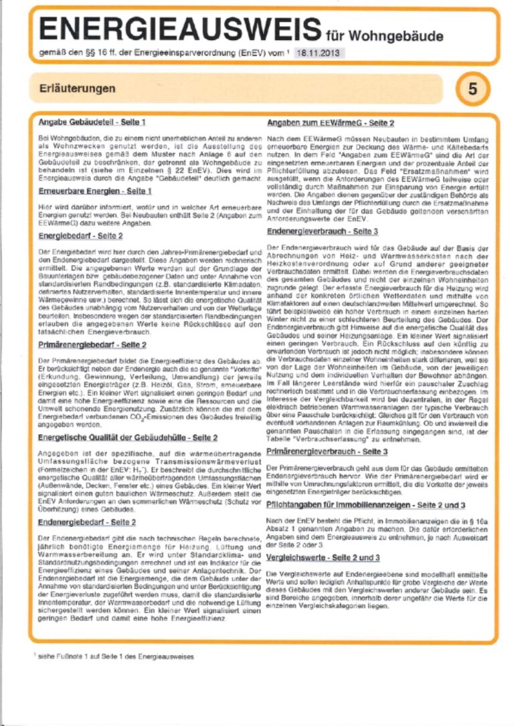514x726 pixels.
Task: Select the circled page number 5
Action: (x=473, y=88)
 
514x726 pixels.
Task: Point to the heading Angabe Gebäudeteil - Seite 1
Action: (x=92, y=123)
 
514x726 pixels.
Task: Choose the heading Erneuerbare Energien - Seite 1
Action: (x=95, y=191)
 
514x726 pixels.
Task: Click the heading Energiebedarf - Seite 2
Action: (x=80, y=236)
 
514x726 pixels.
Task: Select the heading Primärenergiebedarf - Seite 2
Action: (x=92, y=345)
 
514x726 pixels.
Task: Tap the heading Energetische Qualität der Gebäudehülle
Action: (x=127, y=438)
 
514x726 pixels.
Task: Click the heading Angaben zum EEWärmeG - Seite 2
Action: (x=331, y=123)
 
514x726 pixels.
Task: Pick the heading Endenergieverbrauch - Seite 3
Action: (x=323, y=231)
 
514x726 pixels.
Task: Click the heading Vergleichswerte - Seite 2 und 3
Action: (x=323, y=557)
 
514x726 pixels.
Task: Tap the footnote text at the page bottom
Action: (x=114, y=656)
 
